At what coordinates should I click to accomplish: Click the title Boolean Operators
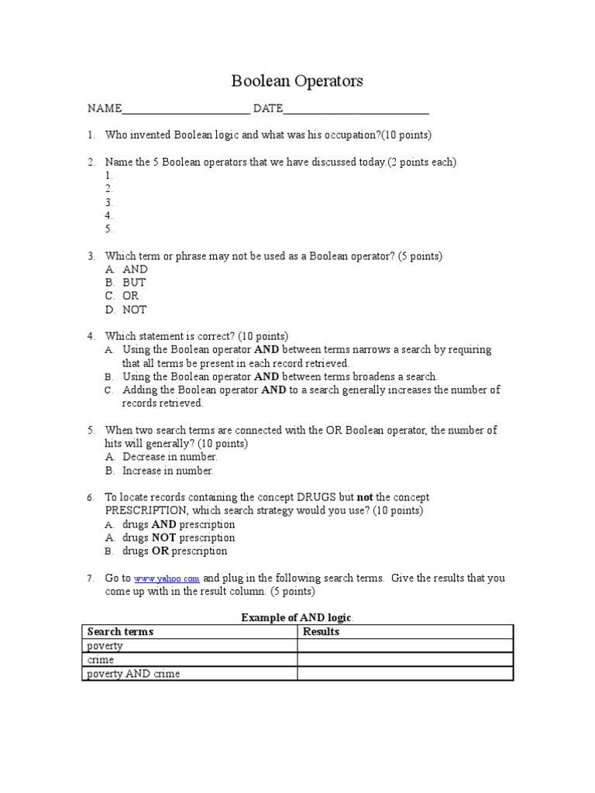[x=297, y=81]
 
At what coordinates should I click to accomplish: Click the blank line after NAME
[x=186, y=109]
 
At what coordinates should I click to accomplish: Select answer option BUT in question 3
[x=134, y=283]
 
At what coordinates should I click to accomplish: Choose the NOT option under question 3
[x=134, y=310]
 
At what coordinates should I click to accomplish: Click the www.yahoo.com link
[x=167, y=578]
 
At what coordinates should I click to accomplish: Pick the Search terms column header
[x=120, y=632]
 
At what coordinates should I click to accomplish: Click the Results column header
[x=321, y=632]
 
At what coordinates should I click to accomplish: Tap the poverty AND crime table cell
[x=133, y=674]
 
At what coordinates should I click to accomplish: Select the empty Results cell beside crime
[x=405, y=660]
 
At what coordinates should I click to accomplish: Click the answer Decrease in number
[x=170, y=457]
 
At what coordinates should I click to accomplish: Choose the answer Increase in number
[x=168, y=471]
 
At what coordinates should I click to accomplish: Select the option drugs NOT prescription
[x=179, y=537]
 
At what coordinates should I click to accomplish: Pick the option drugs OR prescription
[x=175, y=551]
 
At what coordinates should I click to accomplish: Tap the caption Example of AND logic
[x=297, y=617]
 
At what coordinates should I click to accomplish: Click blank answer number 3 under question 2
[x=109, y=202]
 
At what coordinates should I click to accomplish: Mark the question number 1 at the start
[x=91, y=135]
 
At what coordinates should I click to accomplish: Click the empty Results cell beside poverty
[x=405, y=646]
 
